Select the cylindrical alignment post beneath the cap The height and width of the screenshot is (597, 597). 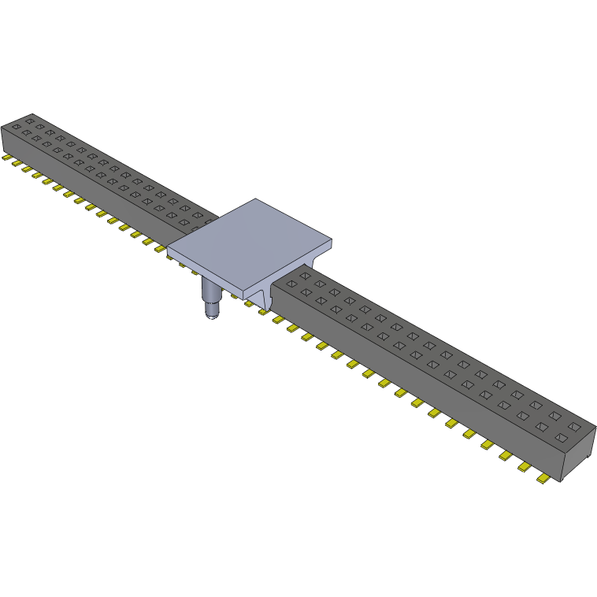pos(212,296)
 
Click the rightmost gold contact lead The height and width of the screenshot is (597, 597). pos(543,479)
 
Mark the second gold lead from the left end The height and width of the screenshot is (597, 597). pos(15,164)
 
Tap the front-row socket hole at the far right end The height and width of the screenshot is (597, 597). pos(561,437)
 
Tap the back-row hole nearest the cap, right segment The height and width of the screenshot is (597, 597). pos(305,276)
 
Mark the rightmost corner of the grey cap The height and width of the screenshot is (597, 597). pos(334,241)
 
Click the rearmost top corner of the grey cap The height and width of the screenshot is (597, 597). pos(255,198)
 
